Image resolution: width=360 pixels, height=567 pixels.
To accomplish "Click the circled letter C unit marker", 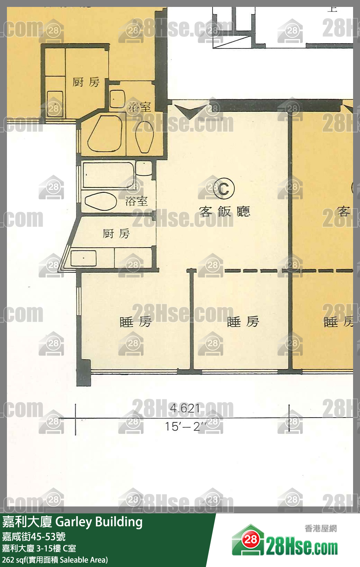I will point(223,189).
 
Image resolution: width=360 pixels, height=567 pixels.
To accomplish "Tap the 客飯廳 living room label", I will point(224,211).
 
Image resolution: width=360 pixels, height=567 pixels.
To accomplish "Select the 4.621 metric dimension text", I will point(185,409).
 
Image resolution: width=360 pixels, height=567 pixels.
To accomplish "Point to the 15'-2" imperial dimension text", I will point(186,427).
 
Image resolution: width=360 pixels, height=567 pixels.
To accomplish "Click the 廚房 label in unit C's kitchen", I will point(116,234).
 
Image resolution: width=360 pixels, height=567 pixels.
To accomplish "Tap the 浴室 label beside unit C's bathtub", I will point(136,201).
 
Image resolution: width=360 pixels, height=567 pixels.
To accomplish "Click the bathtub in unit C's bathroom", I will point(108,175).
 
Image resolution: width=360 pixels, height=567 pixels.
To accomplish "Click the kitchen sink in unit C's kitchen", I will point(83,258).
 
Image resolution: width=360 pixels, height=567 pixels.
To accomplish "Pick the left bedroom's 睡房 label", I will point(135,322).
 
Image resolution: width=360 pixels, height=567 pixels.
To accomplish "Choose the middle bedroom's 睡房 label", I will point(243,322).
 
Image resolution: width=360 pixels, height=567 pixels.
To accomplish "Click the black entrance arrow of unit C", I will point(190,111).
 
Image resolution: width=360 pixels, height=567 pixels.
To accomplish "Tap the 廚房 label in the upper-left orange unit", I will point(86,82).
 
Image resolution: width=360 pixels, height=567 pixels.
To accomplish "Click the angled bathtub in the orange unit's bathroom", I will point(105,134).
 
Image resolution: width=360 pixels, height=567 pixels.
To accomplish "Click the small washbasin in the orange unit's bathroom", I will point(117,99).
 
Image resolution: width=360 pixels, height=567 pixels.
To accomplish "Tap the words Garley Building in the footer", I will point(99,522).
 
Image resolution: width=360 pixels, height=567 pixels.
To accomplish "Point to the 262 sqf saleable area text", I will point(55,560).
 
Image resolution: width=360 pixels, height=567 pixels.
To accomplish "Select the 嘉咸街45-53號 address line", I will point(34,537).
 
